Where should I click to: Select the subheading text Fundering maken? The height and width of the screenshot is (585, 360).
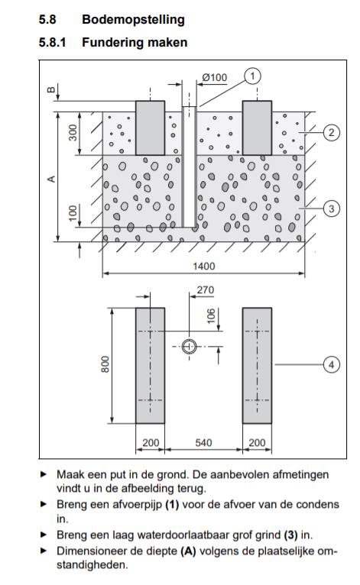[x=135, y=43]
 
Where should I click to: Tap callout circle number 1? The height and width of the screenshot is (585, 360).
[x=253, y=75]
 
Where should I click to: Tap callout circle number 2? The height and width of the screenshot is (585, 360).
[x=331, y=133]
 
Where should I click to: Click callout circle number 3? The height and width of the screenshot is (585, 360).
[x=331, y=208]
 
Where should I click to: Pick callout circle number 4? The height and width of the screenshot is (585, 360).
[x=331, y=365]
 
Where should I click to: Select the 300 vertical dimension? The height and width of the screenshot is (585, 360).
[x=73, y=133]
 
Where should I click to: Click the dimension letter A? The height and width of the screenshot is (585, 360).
[x=51, y=178]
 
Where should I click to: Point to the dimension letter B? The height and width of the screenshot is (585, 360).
[x=51, y=91]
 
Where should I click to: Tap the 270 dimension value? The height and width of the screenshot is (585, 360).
[x=206, y=290]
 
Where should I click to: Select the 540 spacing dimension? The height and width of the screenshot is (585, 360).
[x=203, y=443]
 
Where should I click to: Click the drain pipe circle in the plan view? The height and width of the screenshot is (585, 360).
[x=190, y=346]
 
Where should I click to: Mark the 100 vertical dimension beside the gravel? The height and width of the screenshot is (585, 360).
[x=73, y=213]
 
